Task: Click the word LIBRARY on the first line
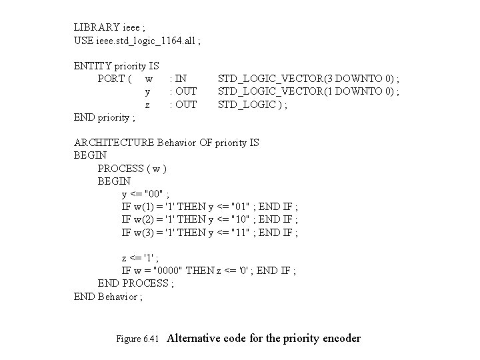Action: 96,28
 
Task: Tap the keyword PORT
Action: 111,79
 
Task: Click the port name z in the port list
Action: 147,105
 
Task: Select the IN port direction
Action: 179,79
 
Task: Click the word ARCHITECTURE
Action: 115,143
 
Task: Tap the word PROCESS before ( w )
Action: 121,168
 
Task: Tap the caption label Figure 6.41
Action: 138,339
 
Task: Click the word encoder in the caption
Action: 340,339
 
